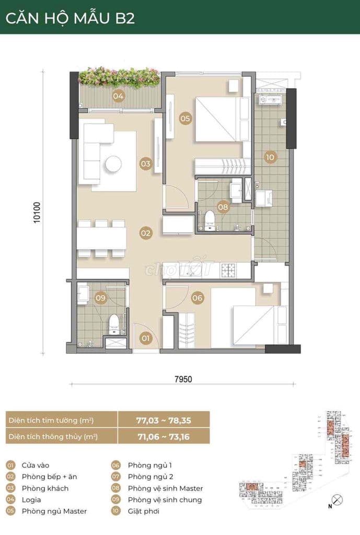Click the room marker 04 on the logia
pos(118,96)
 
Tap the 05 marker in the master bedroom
pos(185,119)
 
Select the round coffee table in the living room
pos(113,165)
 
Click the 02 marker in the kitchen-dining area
pos(146,233)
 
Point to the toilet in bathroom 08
pos(209,220)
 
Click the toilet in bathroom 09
pos(113,324)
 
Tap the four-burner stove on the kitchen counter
pos(228,270)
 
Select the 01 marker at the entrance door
pos(146,338)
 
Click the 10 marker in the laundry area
pos(270,157)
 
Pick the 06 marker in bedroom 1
pos(197,298)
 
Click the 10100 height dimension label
pos(37,213)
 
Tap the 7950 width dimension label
pos(183,379)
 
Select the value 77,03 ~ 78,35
pos(164,421)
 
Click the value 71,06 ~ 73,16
pos(164,437)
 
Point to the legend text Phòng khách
pos(45,489)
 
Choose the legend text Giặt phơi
pos(144,511)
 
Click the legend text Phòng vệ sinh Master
pos(166,489)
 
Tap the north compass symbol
pos(337,500)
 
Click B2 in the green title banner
pos(125,18)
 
